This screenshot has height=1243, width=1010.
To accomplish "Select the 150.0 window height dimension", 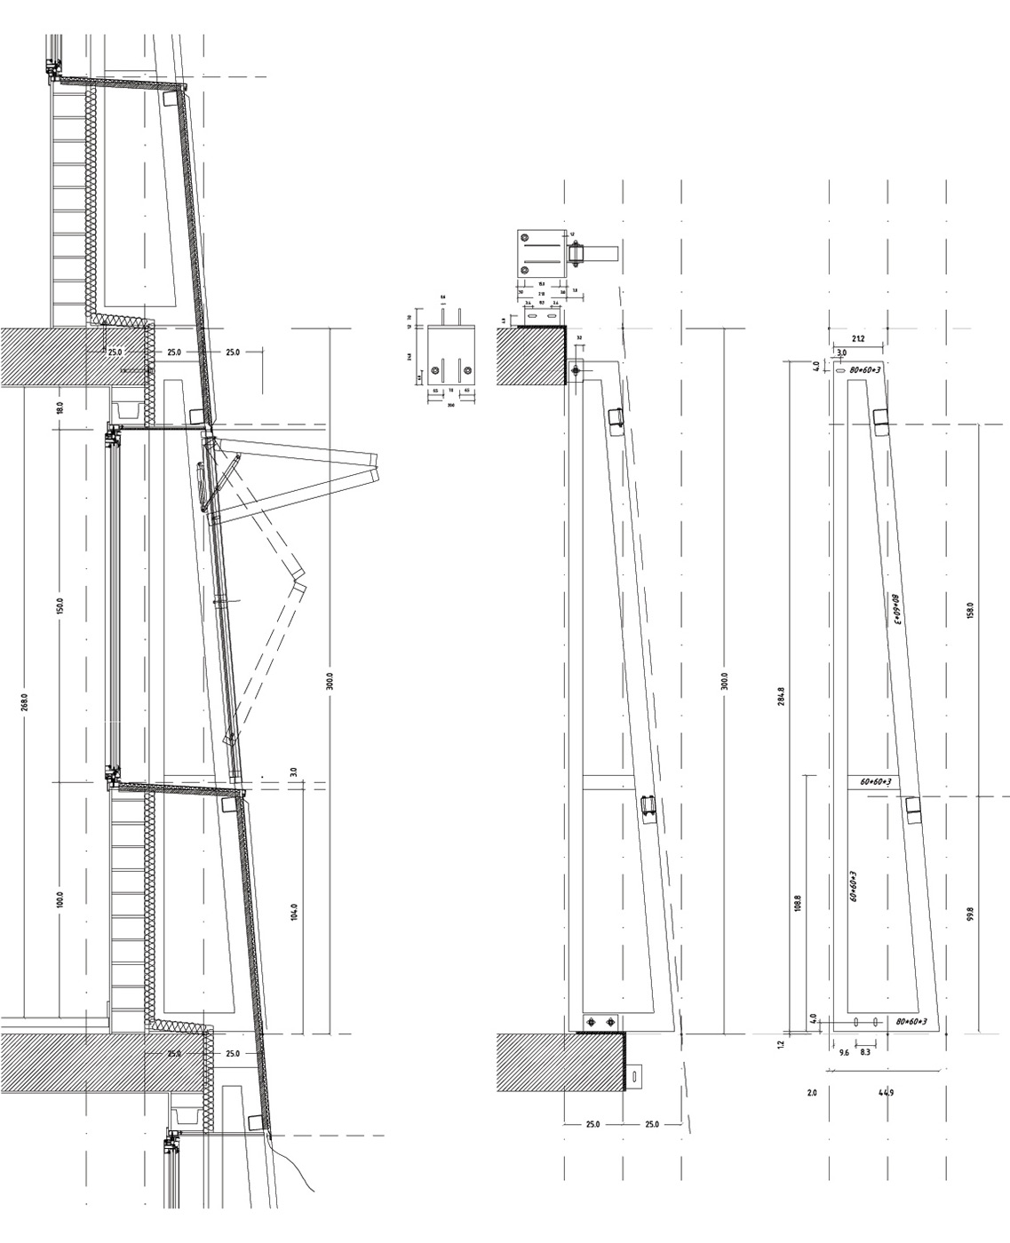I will [x=60, y=606].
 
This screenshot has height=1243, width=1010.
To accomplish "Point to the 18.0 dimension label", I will [x=60, y=408].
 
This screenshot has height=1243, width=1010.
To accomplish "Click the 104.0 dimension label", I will [x=294, y=912].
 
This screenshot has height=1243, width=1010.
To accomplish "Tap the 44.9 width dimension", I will [x=886, y=1093].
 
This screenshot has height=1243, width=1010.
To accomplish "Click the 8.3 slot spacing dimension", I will [x=865, y=1052].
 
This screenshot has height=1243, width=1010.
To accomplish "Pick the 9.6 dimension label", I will [x=844, y=1052].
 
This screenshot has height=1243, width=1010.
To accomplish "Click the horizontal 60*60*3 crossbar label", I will [x=877, y=781].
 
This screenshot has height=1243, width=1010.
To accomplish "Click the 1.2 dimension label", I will [x=782, y=1044].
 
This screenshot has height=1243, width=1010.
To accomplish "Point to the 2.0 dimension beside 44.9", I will [x=811, y=1093].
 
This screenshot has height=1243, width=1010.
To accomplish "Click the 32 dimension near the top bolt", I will [x=579, y=338].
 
